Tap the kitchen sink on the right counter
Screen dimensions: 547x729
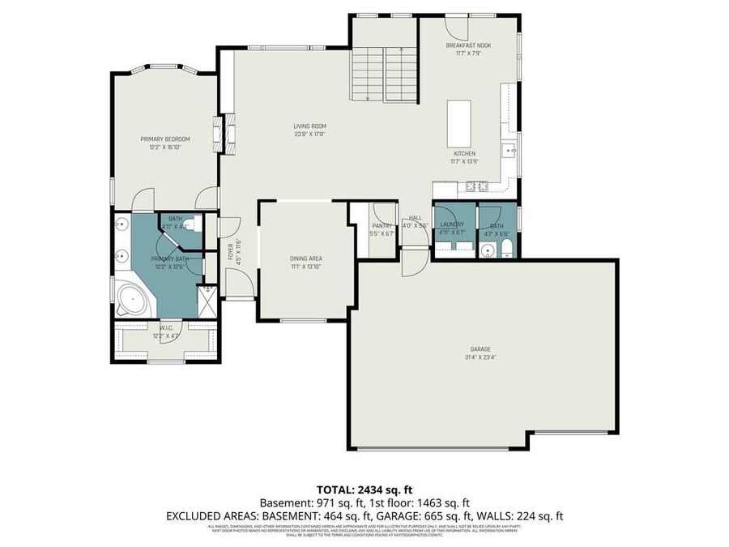point(509,150)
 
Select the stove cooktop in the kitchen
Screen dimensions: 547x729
point(475,187)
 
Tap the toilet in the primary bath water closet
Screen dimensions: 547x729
point(186,224)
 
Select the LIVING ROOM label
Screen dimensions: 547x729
point(309,126)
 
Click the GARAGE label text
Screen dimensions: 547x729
point(481,349)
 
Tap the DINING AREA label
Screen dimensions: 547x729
point(305,259)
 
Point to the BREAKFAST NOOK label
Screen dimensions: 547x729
point(468,46)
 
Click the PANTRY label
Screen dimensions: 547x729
point(382,226)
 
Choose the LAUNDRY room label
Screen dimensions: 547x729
point(452,224)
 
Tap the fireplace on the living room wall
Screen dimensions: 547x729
point(218,135)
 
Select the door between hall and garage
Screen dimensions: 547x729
point(413,259)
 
